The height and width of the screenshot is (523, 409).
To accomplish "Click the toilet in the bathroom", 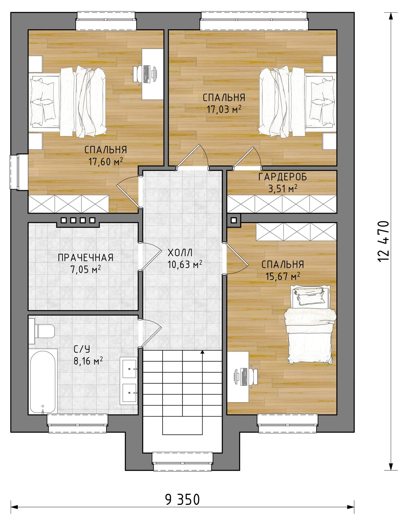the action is pyautogui.click(x=43, y=331).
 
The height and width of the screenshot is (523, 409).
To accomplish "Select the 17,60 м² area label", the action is pyautogui.click(x=105, y=161).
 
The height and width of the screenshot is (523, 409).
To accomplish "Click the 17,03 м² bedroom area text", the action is pyautogui.click(x=224, y=109).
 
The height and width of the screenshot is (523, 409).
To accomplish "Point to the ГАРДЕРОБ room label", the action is pyautogui.click(x=283, y=177).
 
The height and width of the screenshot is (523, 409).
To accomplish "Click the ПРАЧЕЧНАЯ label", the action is pyautogui.click(x=85, y=258).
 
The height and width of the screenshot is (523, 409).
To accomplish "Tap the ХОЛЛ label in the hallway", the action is pyautogui.click(x=180, y=253).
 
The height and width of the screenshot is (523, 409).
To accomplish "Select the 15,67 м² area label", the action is pyautogui.click(x=283, y=276).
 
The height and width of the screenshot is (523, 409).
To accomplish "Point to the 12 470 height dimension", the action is pyautogui.click(x=383, y=241).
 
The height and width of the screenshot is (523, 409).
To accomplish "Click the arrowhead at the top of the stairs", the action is pyautogui.click(x=202, y=352).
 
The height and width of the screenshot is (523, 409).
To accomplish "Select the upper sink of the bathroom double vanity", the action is pyautogui.click(x=130, y=368).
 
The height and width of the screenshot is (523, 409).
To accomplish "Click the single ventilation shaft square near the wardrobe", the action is pyautogui.click(x=234, y=220).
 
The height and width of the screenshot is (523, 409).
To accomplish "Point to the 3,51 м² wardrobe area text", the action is pyautogui.click(x=283, y=189).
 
